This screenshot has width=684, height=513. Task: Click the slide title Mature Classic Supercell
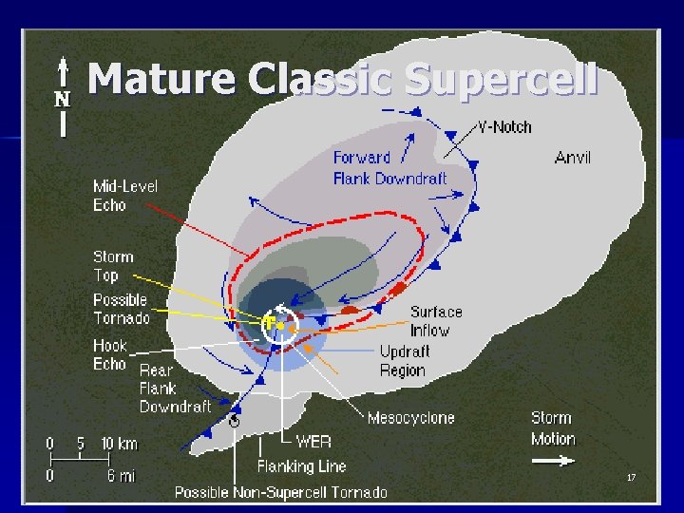coord(342,80)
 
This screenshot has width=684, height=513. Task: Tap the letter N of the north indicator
coord(62,99)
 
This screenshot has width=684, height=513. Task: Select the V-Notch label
coord(504,126)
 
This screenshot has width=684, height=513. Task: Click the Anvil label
coord(572,158)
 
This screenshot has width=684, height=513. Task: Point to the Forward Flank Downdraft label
coord(389,167)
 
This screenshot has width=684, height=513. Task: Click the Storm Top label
coord(113,266)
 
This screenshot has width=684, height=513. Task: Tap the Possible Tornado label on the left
coord(121,309)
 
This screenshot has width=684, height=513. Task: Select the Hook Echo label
coord(110,354)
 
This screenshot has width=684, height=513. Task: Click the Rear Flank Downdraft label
coord(175,389)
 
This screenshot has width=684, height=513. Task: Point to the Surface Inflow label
coord(436,321)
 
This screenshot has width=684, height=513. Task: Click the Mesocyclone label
coord(410,417)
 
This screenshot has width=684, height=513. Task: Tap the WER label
coord(313,442)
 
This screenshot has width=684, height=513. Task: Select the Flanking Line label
coord(301,466)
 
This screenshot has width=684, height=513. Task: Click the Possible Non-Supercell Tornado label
coord(280,492)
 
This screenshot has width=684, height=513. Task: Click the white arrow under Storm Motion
coord(553,462)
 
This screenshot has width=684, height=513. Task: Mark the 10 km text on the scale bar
coord(120,444)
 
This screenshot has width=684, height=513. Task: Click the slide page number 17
coord(631,477)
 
